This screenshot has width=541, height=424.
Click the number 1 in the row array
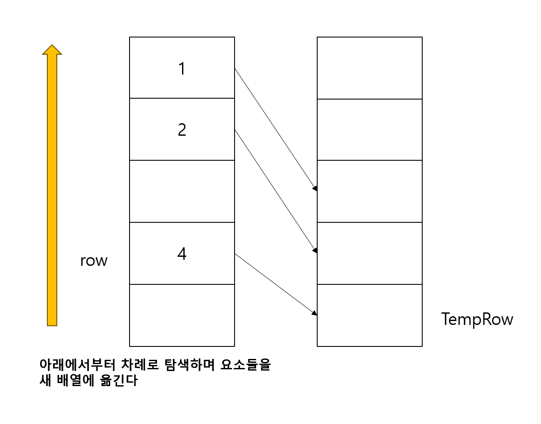[x=182, y=69]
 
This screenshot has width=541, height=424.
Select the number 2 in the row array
[x=182, y=130]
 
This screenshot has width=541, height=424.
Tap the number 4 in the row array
[x=182, y=254]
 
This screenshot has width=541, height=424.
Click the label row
[x=94, y=261]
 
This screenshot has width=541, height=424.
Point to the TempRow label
[x=477, y=319]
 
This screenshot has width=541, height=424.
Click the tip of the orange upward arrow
[x=52, y=46]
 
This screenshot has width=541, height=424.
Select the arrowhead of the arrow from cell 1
[x=315, y=188]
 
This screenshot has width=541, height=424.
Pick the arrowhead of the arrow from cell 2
[x=315, y=250]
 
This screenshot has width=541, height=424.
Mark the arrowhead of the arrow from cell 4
[x=315, y=313]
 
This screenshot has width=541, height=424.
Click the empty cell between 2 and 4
[x=182, y=191]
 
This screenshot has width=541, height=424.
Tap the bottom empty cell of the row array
[x=182, y=315]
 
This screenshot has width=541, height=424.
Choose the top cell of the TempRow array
[x=370, y=68]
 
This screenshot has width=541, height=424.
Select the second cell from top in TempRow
[x=370, y=130]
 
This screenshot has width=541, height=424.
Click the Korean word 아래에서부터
[x=77, y=365]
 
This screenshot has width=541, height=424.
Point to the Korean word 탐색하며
[x=189, y=365]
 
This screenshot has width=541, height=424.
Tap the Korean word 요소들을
[x=246, y=365]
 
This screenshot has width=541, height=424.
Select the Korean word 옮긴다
[x=119, y=380]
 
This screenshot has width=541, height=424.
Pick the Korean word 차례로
[x=140, y=365]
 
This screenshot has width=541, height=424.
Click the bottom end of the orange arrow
[x=52, y=324]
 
